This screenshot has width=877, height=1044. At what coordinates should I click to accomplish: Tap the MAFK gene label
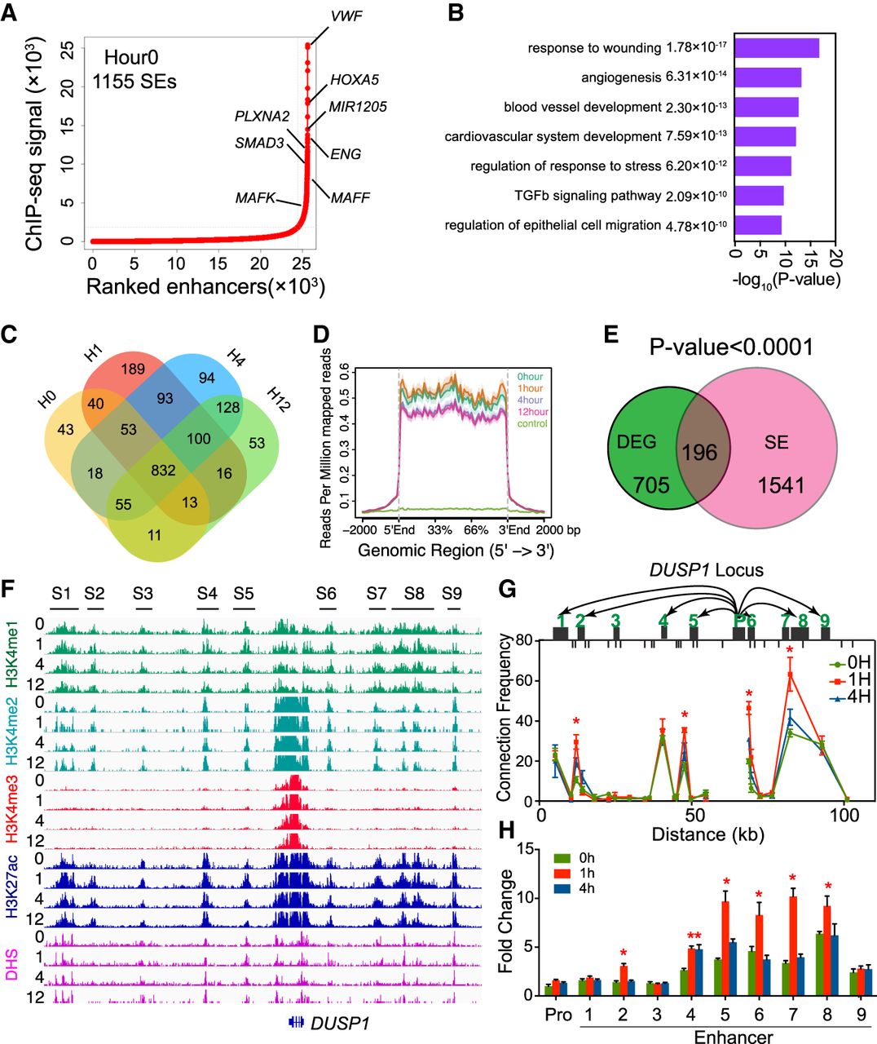(x=255, y=197)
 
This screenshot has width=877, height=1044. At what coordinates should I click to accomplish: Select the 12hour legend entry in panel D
(x=531, y=412)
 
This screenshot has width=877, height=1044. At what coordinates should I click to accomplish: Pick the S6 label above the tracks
(x=326, y=593)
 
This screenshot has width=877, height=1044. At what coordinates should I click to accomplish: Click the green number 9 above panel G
(x=825, y=621)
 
